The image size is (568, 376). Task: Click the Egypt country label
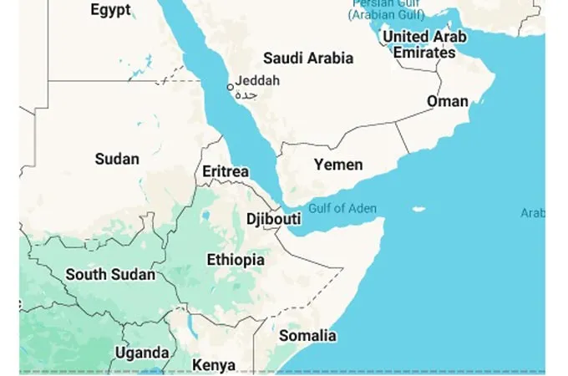[110, 10]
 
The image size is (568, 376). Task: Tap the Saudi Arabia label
[308, 58]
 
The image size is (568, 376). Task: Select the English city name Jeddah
[258, 81]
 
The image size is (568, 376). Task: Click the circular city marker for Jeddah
[231, 87]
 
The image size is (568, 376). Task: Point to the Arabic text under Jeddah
[248, 95]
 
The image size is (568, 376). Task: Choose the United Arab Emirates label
[424, 44]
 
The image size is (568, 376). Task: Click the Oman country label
[448, 101]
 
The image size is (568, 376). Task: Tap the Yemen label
[338, 165]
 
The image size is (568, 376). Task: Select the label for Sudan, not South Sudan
[117, 159]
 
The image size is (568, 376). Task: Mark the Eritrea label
[226, 171]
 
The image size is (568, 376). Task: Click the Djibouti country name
[273, 219]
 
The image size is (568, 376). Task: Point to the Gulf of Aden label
[342, 208]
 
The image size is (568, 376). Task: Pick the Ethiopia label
[236, 260]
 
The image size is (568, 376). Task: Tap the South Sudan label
[110, 274]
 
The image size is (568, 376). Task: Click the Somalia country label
[307, 336]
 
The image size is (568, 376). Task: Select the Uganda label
[142, 353]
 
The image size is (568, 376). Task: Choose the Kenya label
[214, 365]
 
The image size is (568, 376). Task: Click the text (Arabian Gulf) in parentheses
[387, 14]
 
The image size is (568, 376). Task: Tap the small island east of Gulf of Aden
[419, 209]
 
